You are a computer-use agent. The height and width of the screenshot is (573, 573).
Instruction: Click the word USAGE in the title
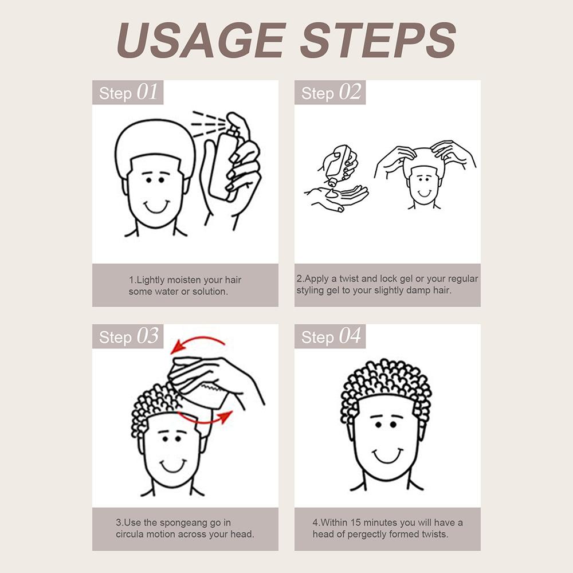[x=201, y=40]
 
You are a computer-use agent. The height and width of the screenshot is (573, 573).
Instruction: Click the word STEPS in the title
[x=378, y=40]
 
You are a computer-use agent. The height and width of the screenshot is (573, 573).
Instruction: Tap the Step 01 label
[x=128, y=92]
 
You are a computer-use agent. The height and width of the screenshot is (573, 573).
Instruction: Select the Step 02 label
[x=331, y=92]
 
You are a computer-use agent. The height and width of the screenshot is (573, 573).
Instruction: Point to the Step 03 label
[x=128, y=336]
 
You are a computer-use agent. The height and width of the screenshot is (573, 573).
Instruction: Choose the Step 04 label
[x=331, y=336]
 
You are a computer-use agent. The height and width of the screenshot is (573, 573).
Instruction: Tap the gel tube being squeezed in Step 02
[x=340, y=164]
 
